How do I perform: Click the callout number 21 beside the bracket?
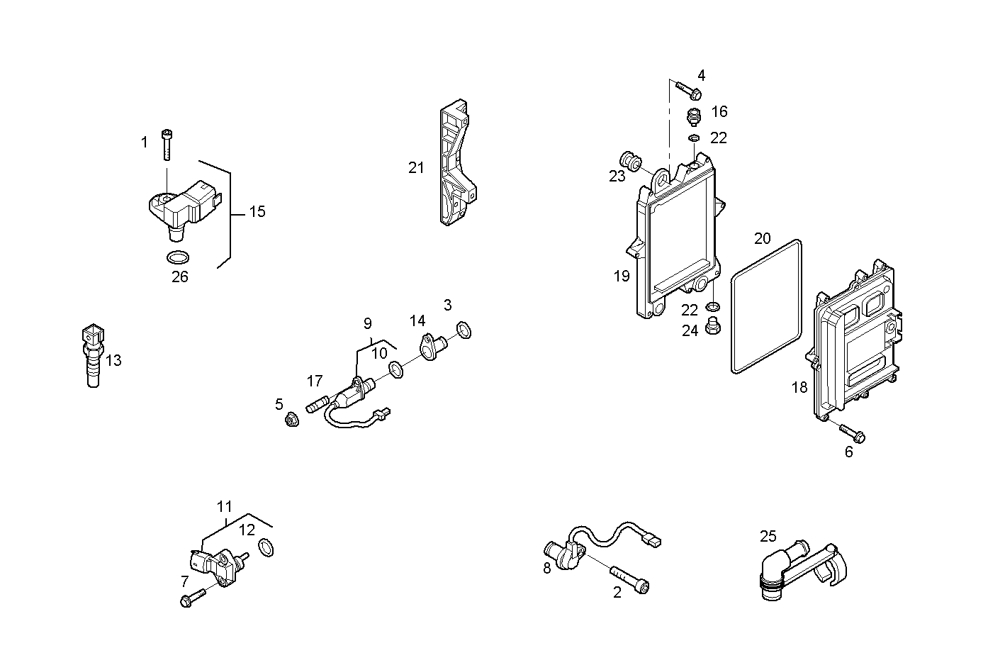pyautogui.click(x=416, y=168)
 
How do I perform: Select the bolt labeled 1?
pyautogui.click(x=167, y=145)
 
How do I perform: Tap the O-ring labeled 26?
pyautogui.click(x=178, y=257)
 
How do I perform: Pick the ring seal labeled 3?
pyautogui.click(x=464, y=329)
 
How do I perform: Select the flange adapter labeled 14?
pyautogui.click(x=433, y=346)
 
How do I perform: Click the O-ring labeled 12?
pyautogui.click(x=266, y=548)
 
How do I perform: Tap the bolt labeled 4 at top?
pyautogui.click(x=688, y=89)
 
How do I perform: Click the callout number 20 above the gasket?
pyautogui.click(x=762, y=238)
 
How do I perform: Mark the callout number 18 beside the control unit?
pyautogui.click(x=799, y=387)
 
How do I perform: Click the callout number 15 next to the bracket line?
pyautogui.click(x=257, y=211)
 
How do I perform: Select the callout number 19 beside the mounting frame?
pyautogui.click(x=622, y=277)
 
